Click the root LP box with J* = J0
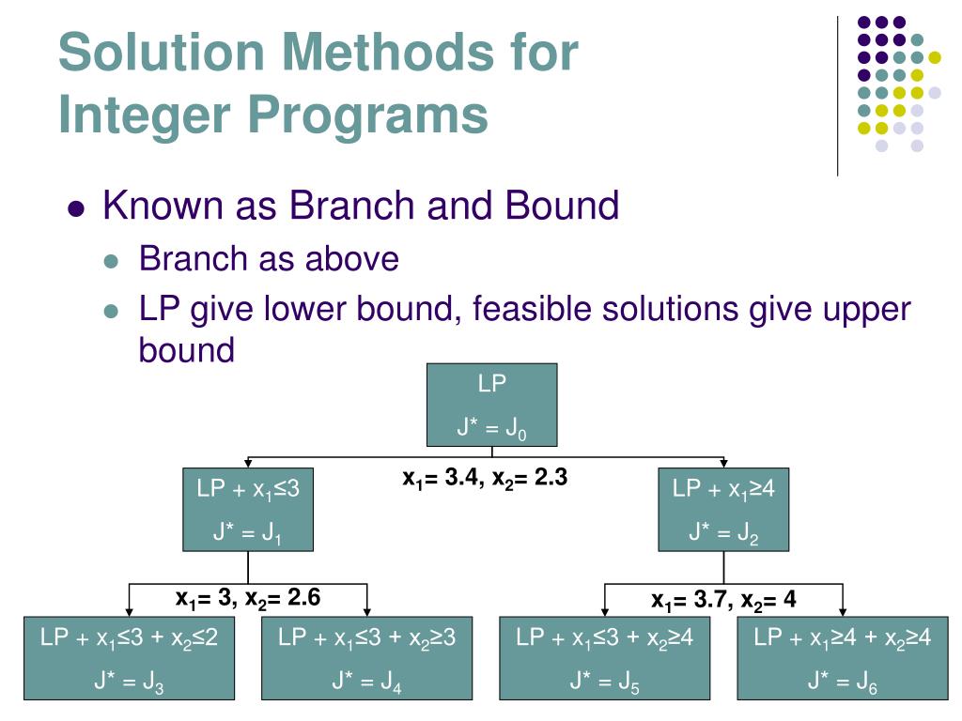point(491,405)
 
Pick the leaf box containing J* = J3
point(130,658)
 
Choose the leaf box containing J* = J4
point(366,658)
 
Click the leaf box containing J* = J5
point(604,658)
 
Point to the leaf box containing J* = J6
point(842,658)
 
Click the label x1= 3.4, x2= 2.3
point(485,479)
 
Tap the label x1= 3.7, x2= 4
point(723,600)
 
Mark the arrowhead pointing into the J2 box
point(723,462)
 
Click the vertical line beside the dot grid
point(837,94)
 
